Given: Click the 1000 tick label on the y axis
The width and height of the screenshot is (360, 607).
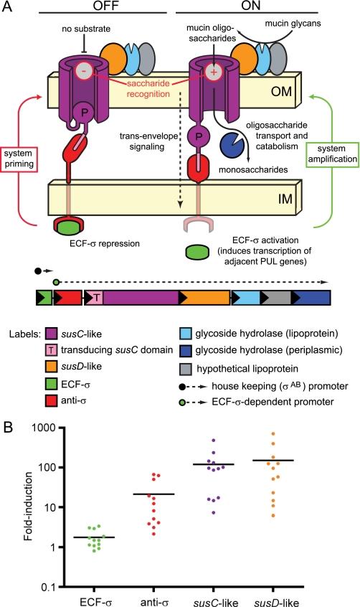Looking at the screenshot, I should pos(44,427).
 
